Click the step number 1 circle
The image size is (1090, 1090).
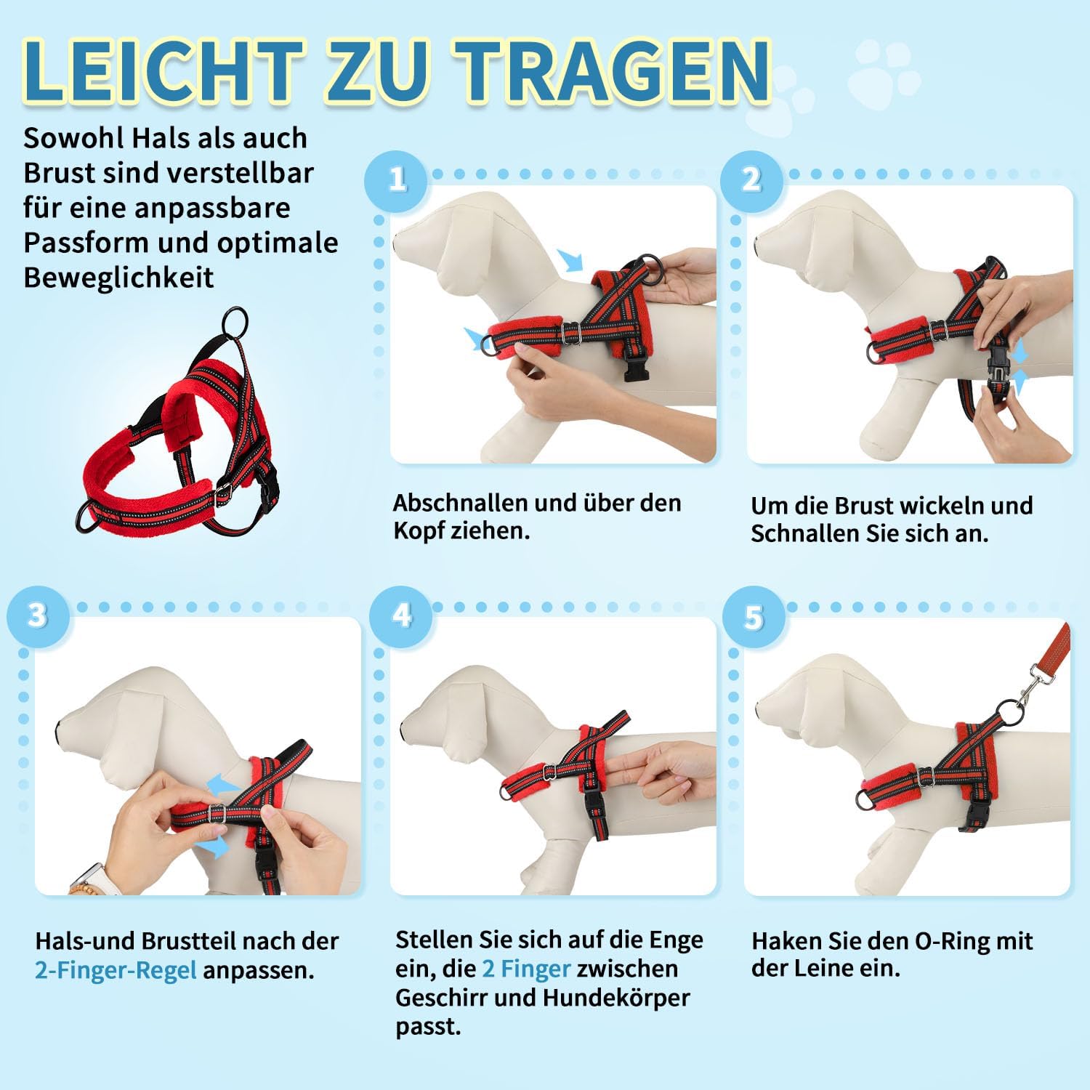(397, 180)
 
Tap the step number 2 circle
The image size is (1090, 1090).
(751, 180)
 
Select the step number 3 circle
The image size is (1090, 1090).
(38, 617)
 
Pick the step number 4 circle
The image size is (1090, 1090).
(401, 617)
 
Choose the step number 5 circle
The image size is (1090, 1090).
(754, 617)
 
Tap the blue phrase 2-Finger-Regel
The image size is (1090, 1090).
(116, 971)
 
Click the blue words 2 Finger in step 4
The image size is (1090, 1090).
(526, 969)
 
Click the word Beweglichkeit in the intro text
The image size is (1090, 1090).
(118, 278)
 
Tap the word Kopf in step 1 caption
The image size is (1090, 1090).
(419, 530)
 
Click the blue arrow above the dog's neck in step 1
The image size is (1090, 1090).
(571, 260)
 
